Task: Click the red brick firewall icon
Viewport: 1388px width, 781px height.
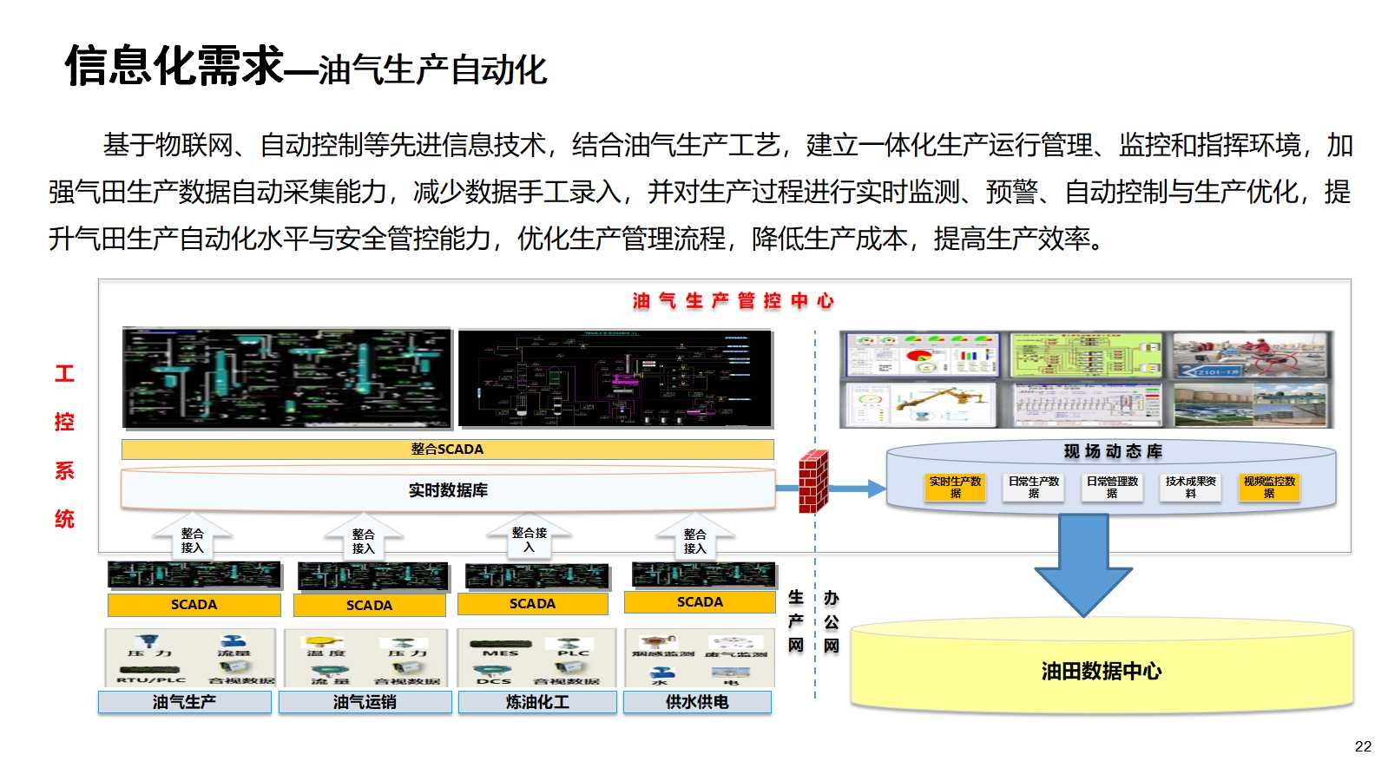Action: (x=812, y=482)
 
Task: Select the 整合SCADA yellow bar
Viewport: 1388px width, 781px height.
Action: (x=447, y=449)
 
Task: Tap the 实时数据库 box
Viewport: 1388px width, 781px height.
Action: (x=447, y=490)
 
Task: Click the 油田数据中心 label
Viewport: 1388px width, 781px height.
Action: (x=1101, y=671)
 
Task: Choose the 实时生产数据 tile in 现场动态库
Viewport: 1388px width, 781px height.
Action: (x=955, y=487)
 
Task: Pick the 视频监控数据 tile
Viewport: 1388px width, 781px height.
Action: (x=1268, y=487)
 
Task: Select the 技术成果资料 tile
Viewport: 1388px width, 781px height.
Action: (x=1190, y=487)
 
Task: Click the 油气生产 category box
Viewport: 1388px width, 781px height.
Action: (x=184, y=702)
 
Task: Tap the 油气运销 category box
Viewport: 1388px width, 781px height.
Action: (x=365, y=702)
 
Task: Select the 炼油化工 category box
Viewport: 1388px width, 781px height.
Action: (x=537, y=702)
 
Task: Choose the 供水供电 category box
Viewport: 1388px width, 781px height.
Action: (x=697, y=702)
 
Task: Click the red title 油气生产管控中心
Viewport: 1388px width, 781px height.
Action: (x=733, y=301)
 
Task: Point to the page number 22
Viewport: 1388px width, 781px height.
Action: (x=1363, y=746)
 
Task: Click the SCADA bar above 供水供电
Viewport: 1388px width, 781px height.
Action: (x=700, y=601)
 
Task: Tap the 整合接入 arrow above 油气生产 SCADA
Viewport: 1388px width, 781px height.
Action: (x=193, y=538)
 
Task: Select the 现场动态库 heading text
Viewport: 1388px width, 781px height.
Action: (x=1113, y=451)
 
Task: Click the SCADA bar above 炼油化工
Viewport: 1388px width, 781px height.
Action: (x=532, y=603)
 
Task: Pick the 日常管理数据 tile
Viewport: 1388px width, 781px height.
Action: (x=1112, y=487)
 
